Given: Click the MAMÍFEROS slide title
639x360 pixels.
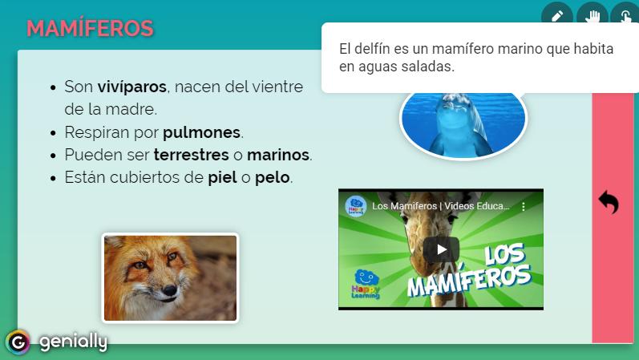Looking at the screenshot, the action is [x=90, y=29].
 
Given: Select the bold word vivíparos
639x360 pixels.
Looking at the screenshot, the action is [x=131, y=87].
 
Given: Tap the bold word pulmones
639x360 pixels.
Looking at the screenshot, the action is [x=202, y=132].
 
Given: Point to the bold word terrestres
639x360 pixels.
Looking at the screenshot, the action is [x=191, y=155].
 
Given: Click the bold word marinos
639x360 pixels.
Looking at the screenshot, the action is [x=278, y=155].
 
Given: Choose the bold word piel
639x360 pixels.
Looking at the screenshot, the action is [x=223, y=178].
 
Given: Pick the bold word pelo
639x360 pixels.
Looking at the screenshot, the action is [x=273, y=178].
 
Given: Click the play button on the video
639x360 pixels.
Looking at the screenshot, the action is [x=441, y=249].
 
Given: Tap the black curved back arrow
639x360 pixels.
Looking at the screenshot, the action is [x=609, y=202].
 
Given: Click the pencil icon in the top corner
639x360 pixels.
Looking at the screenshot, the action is [x=556, y=16].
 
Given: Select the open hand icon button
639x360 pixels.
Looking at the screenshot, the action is [x=592, y=16].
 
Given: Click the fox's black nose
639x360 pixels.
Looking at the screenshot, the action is [x=169, y=290].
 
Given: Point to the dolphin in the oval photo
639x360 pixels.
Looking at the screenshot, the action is [x=460, y=124].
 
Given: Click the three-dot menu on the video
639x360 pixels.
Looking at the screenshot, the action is [x=524, y=206].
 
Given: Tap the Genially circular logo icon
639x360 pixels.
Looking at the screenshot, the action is [x=18, y=342].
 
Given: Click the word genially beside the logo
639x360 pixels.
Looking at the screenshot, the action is [x=73, y=342].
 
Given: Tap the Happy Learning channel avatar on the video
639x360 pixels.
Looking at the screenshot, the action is [x=356, y=206].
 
